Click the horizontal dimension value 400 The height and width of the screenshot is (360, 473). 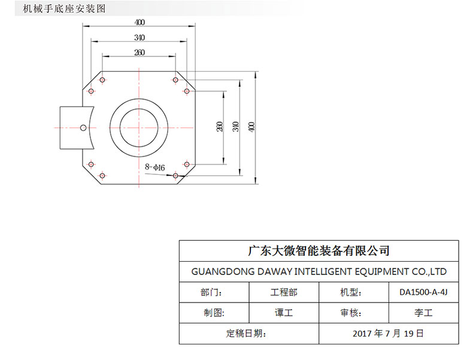140,23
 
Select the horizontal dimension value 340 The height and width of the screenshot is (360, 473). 140,38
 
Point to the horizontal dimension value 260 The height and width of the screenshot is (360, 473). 140,53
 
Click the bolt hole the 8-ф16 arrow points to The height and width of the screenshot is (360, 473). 175,176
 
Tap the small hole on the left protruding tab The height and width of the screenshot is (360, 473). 83,127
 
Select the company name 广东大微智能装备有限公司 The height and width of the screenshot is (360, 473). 319,250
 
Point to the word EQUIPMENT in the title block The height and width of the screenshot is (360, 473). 376,271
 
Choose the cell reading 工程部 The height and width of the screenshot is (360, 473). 284,292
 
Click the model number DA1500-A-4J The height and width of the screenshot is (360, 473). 423,292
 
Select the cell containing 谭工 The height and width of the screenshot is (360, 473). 284,313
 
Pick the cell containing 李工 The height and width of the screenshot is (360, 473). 423,313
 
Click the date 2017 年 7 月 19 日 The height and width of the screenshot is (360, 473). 388,333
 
